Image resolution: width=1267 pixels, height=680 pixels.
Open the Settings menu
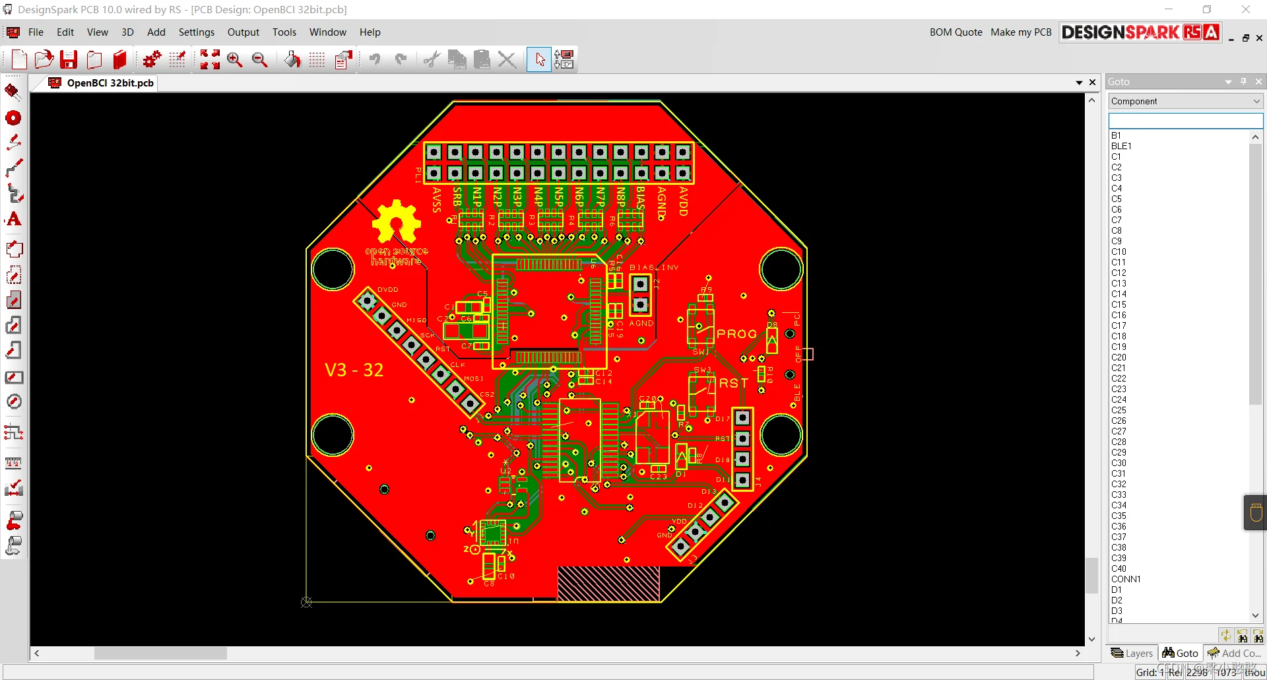196,32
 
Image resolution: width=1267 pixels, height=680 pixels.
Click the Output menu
243,32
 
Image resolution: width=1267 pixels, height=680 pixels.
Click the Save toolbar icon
69,59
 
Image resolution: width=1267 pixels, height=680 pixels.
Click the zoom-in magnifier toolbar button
234,59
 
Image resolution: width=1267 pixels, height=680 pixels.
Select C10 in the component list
1119,252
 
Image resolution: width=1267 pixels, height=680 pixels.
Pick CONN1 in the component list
1125,579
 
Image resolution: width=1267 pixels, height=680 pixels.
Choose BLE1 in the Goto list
1121,146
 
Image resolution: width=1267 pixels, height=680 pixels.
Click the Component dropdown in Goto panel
1185,101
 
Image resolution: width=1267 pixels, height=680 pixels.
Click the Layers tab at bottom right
1132,653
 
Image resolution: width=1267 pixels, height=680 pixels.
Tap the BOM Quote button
956,32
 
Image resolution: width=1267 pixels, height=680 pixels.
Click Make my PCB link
1020,32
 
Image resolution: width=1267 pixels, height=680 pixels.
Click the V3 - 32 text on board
354,370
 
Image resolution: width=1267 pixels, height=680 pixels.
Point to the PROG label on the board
736,334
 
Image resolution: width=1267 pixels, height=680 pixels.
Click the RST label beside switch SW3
733,383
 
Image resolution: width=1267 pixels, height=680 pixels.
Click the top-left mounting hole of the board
333,269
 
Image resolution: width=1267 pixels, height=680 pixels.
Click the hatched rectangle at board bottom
608,584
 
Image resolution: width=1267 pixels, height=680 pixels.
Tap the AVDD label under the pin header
684,201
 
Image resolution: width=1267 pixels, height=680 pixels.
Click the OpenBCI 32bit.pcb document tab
110,83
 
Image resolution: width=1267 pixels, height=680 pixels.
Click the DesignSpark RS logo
1140,32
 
